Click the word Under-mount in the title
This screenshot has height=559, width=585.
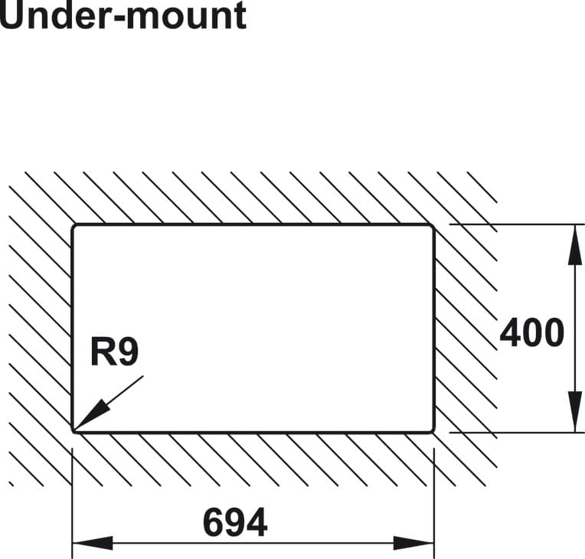pos(123,15)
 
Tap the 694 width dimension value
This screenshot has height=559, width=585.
pos(235,523)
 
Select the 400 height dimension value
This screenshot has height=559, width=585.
pos(532,332)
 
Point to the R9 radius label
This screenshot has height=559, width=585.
pos(114,353)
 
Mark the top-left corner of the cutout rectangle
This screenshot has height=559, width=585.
pos(74,226)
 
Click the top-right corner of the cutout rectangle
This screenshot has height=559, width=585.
pos(433,226)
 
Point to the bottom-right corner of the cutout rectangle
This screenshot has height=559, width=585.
pos(433,430)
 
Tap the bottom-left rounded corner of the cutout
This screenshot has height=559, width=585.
pos(74,430)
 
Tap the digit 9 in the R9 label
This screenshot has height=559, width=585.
pos(127,353)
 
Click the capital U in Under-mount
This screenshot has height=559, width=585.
pos(12,15)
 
